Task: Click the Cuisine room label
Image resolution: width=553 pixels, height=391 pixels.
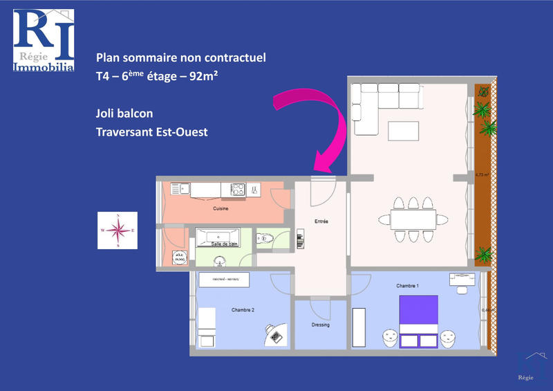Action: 221,208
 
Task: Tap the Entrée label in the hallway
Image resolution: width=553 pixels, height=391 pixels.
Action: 321,221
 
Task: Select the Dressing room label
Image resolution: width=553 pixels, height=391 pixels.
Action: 320,325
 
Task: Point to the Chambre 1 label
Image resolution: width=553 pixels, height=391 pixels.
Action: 408,285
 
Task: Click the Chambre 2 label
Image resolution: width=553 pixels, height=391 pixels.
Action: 243,310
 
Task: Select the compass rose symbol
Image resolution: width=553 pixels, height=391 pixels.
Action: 118,230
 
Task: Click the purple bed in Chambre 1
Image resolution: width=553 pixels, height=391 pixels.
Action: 419,320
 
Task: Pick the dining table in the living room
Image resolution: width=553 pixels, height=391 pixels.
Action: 413,219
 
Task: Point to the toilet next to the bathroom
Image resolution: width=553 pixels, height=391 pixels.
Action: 267,240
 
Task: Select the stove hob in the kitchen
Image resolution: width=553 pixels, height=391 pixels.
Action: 237,188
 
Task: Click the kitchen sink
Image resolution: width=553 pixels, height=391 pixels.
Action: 180,188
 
